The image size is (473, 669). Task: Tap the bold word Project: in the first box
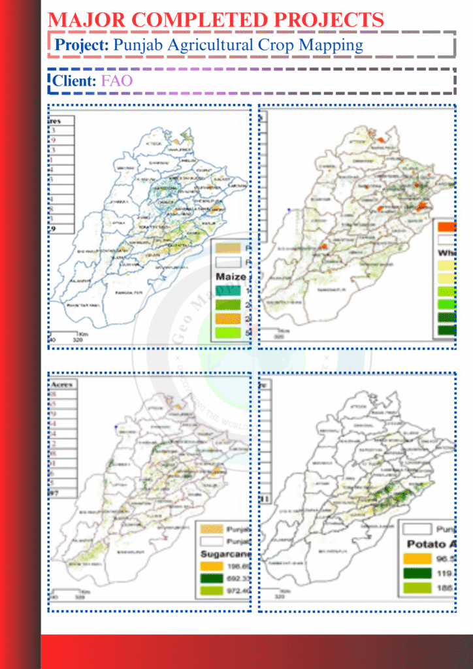[x=82, y=45]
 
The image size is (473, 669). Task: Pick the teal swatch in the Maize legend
[x=227, y=291]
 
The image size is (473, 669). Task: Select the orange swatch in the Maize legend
[x=227, y=319]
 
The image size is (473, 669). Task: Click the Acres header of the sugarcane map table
[x=62, y=385]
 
